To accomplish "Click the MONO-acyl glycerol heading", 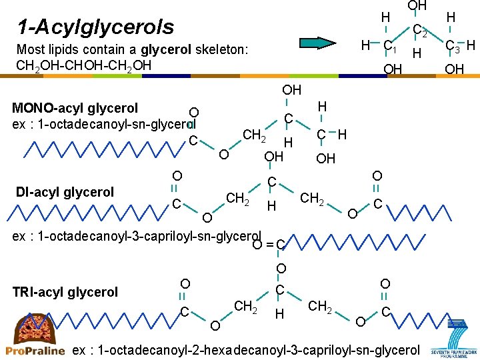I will pos(75,108).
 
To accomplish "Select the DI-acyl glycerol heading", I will pos(65,192).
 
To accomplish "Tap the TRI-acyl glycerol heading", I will pos(65,292).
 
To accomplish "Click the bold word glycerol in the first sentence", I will pos(166,49).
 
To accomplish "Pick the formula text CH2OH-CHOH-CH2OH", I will pos(84,65).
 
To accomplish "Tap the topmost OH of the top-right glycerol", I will pos(417,6).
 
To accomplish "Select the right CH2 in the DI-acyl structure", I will pos(313,198).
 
